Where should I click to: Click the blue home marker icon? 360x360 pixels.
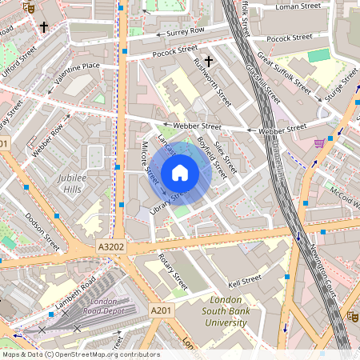(x=180, y=172)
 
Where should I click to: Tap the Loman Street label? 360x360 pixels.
(x=297, y=6)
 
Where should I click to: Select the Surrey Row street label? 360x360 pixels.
(x=186, y=31)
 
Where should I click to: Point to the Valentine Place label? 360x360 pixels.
(x=77, y=66)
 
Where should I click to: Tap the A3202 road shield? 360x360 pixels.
(x=112, y=248)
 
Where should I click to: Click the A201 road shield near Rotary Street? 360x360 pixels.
(x=161, y=310)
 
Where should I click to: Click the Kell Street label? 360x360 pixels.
(x=245, y=281)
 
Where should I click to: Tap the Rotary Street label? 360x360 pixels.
(x=172, y=272)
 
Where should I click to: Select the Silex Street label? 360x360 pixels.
(x=226, y=154)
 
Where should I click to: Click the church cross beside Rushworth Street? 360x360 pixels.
(x=209, y=61)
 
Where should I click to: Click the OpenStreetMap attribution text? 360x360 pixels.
(x=81, y=354)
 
